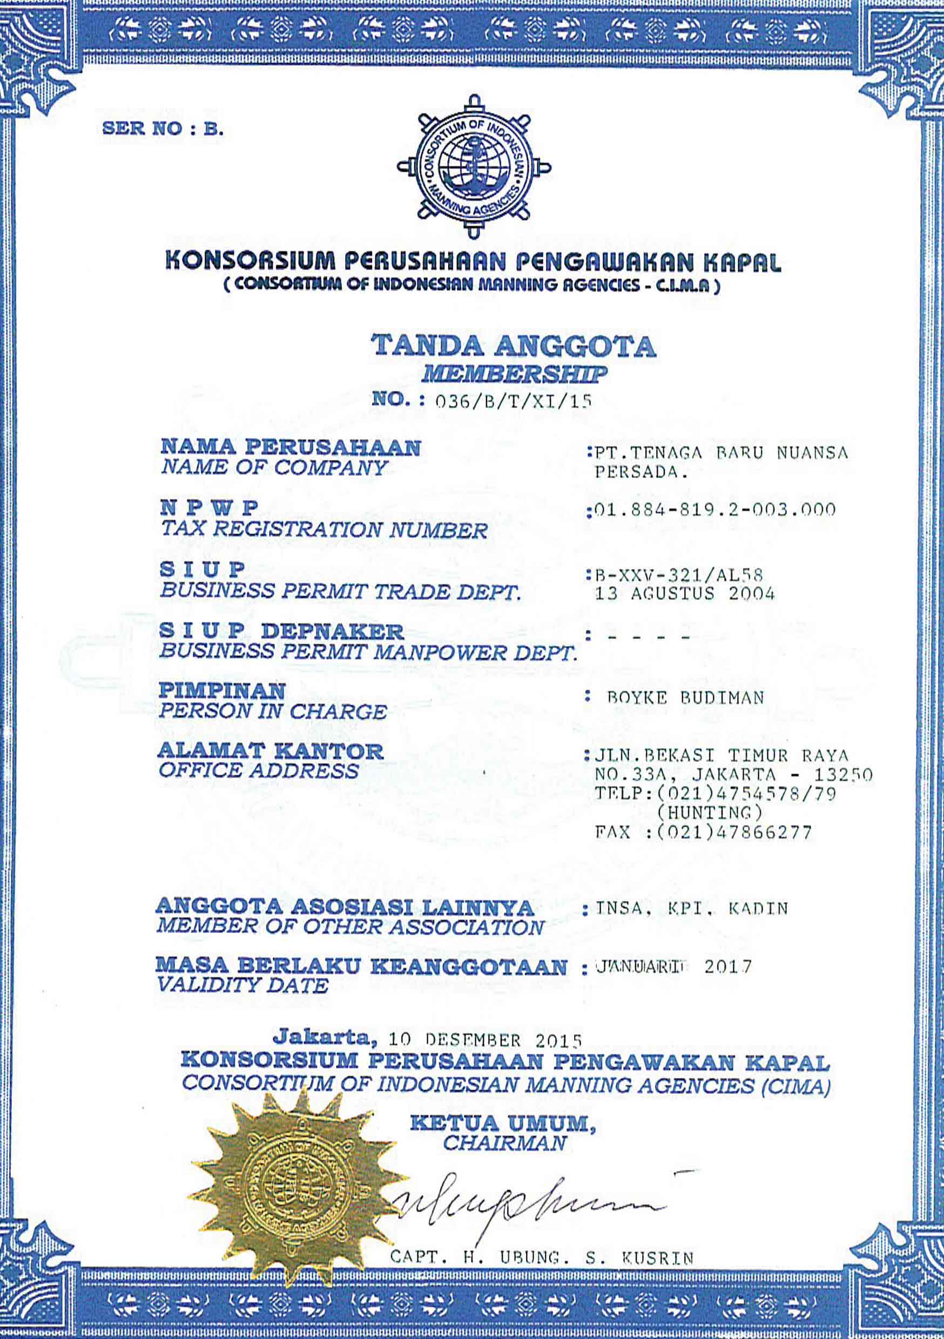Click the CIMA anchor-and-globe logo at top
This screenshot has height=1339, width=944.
(x=474, y=167)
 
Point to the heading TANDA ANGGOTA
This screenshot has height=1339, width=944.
(x=514, y=346)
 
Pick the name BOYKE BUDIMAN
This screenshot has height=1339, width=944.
(x=685, y=698)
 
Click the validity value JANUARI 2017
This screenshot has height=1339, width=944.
(x=673, y=968)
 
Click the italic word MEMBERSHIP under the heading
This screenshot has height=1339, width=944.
(x=514, y=374)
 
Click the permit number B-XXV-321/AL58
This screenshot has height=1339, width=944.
(x=678, y=576)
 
